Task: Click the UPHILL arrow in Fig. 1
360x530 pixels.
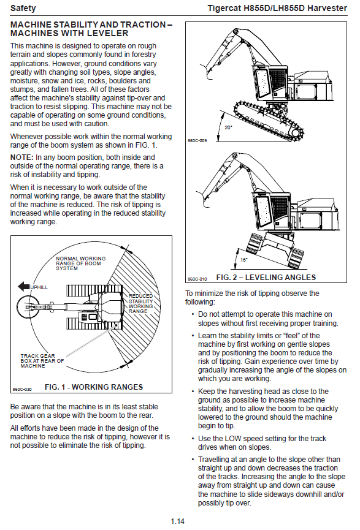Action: [x=25, y=287]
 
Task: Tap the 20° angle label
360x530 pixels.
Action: [x=228, y=127]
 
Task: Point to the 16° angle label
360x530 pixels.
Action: [x=243, y=260]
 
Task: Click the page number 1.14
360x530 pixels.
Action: [x=178, y=521]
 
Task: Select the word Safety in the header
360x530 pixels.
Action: [x=23, y=8]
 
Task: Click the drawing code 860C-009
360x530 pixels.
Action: [x=197, y=140]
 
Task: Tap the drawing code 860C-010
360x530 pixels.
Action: [x=197, y=279]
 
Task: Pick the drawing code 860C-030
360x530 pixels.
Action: [x=22, y=390]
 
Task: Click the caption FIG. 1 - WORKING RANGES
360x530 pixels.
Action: [x=94, y=387]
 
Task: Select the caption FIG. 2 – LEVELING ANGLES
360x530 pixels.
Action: [x=266, y=278]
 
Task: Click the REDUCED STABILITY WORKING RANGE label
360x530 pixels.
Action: [x=141, y=303]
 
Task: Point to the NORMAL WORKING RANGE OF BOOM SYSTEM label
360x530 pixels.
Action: [x=81, y=263]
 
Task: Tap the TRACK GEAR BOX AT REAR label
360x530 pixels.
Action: [x=42, y=361]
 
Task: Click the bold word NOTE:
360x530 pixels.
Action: [x=21, y=157]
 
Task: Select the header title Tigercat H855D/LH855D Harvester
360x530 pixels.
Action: [x=277, y=8]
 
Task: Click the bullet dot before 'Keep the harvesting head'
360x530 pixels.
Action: [x=193, y=392]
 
